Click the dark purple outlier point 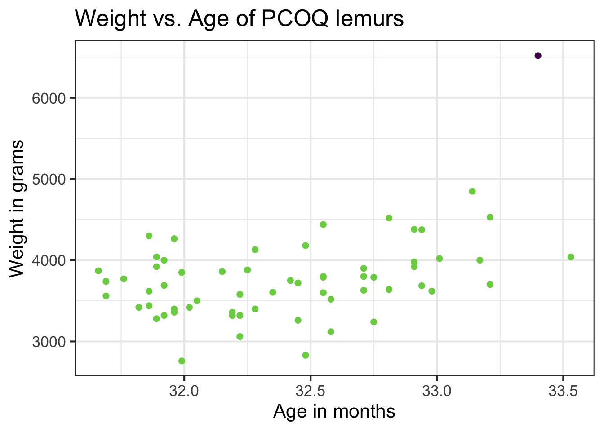point(538,56)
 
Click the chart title point(239,19)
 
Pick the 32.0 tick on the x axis point(184,391)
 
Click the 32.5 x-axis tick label point(310,391)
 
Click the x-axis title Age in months point(334,412)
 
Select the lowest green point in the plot point(182,361)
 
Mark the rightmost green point point(571,257)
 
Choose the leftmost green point point(98,271)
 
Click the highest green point point(472,191)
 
